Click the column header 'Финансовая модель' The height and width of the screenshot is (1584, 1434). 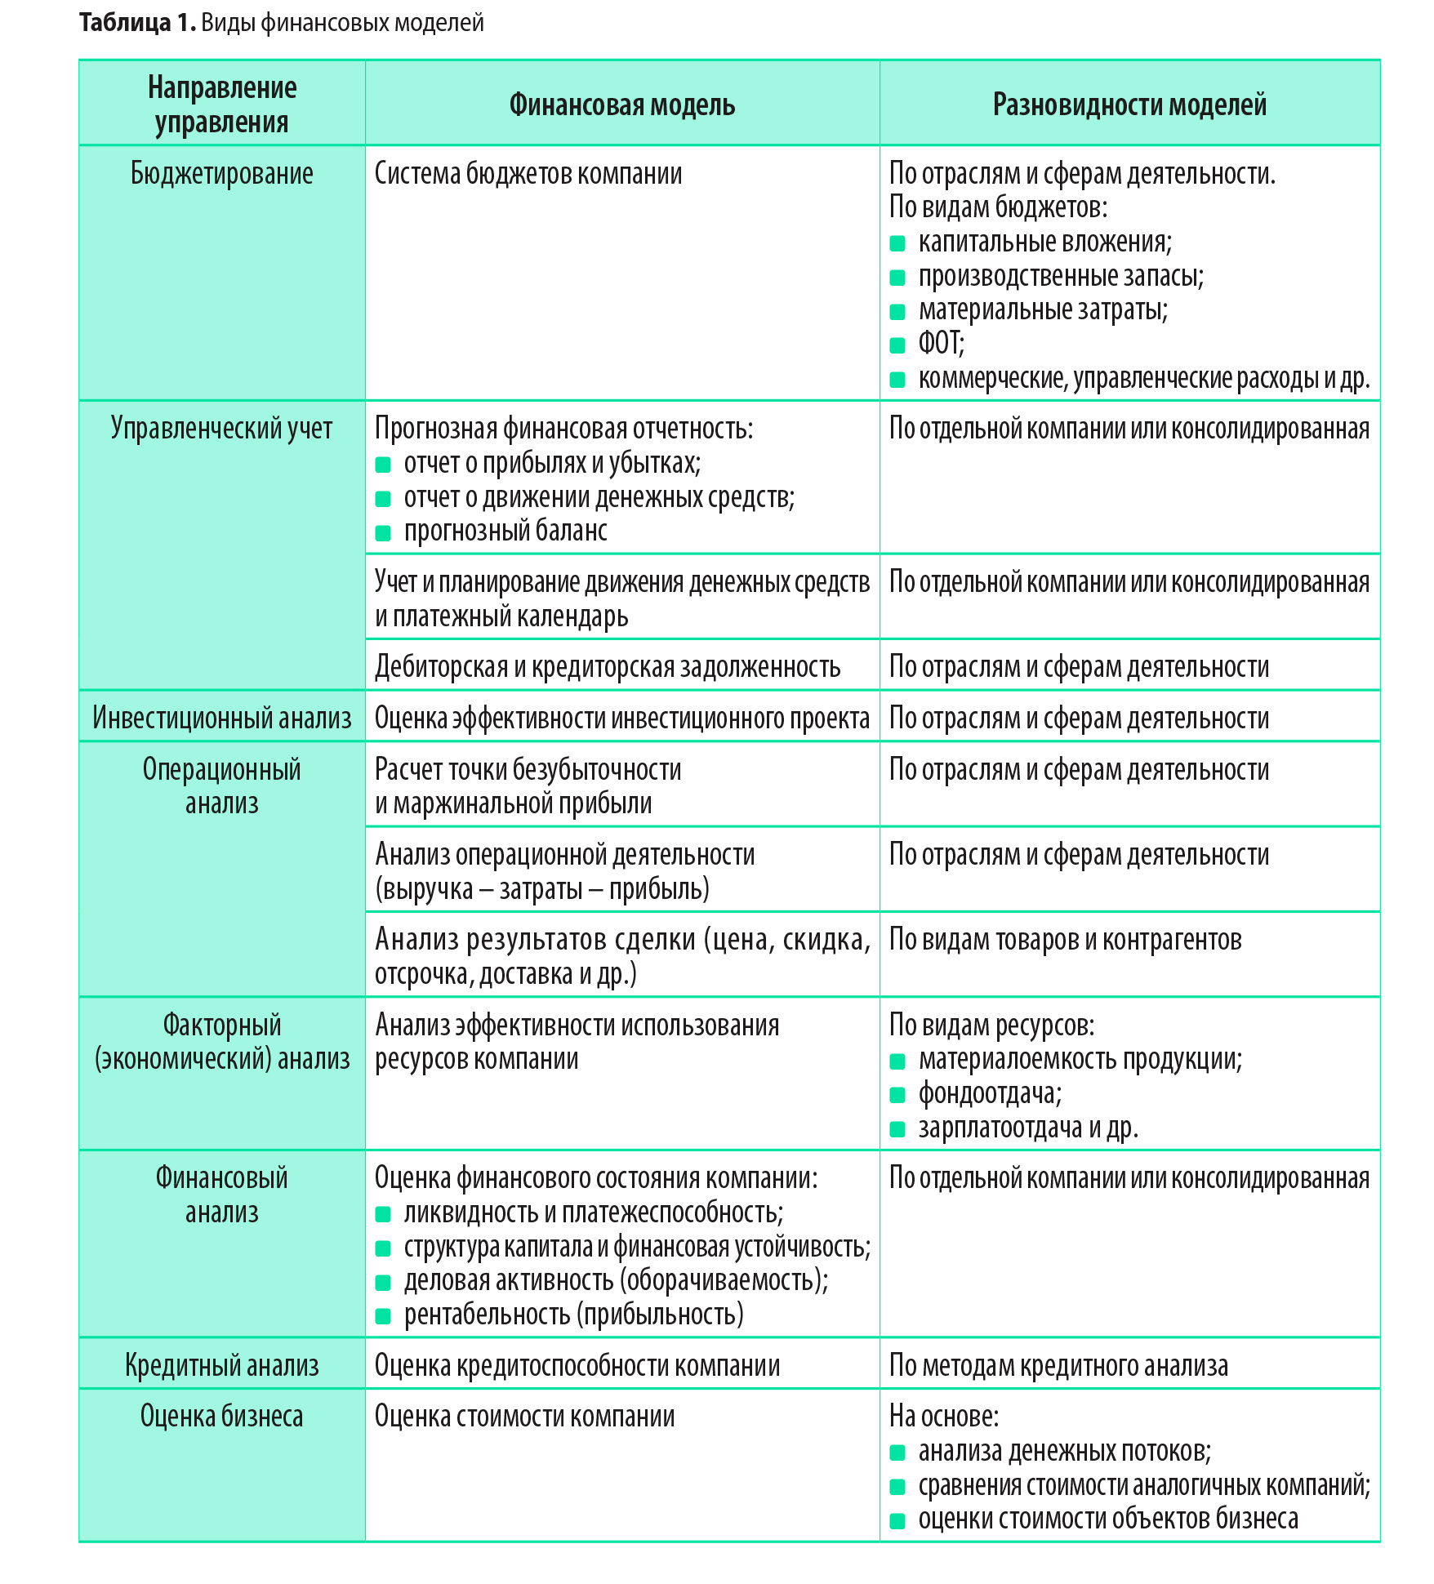[x=621, y=105]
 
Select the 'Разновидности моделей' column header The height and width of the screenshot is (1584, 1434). [x=1129, y=105]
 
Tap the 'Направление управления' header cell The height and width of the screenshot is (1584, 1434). [x=221, y=105]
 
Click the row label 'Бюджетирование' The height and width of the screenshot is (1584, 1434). [x=221, y=174]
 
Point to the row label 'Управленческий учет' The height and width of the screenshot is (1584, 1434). [x=221, y=429]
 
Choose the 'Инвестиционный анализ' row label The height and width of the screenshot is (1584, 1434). [x=221, y=718]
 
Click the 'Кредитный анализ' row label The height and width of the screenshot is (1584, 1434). [x=221, y=1365]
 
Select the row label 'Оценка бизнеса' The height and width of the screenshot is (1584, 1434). [x=221, y=1416]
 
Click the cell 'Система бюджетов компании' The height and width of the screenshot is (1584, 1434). [x=528, y=174]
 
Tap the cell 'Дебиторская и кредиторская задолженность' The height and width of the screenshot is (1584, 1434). [x=607, y=667]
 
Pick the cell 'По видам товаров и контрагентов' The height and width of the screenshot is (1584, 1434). [x=1065, y=940]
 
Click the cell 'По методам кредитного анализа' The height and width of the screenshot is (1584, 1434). [x=1058, y=1365]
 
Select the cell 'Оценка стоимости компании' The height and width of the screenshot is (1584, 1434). [x=524, y=1416]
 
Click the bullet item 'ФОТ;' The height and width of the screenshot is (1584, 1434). [x=941, y=344]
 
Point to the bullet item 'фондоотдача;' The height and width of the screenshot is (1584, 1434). [x=990, y=1093]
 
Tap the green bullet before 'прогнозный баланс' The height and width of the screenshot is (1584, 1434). [x=383, y=533]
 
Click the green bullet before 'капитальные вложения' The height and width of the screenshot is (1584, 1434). [x=897, y=243]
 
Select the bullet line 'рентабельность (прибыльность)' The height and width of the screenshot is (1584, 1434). [x=573, y=1315]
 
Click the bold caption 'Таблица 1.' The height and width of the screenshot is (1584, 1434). [x=137, y=23]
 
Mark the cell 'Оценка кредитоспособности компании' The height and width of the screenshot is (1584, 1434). [x=577, y=1365]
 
